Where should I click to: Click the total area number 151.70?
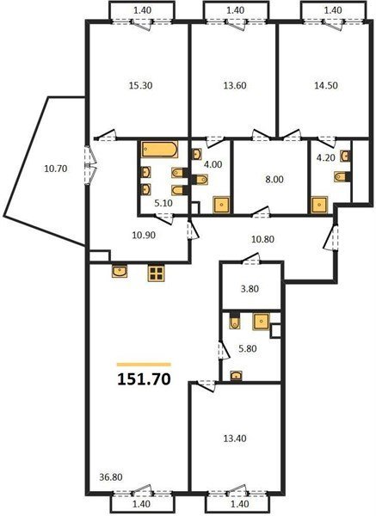[x=144, y=379]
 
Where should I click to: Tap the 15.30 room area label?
[x=140, y=85]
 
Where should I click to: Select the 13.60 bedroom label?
[x=235, y=85]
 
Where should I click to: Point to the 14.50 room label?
[x=326, y=85]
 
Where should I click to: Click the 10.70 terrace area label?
[x=56, y=169]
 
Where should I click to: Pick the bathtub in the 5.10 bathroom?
[x=160, y=150]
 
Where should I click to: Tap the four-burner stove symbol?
[x=156, y=273]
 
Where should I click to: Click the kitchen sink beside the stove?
[x=120, y=272]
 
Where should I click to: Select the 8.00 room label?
[x=274, y=180]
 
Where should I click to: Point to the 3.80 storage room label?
[x=250, y=289]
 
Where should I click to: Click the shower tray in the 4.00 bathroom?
[x=222, y=205]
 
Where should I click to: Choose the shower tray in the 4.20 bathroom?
[x=319, y=205]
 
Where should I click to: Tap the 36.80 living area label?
[x=111, y=476]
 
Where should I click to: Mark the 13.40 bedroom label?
[x=235, y=439]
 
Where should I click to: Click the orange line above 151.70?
[x=144, y=365]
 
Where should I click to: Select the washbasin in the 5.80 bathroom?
[x=236, y=376]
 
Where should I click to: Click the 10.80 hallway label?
[x=262, y=239]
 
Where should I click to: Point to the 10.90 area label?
[x=144, y=236]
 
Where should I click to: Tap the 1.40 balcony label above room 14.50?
[x=333, y=10]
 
